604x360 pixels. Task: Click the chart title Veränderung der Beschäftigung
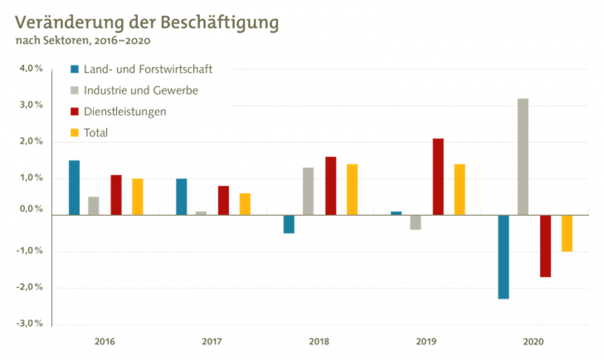147,23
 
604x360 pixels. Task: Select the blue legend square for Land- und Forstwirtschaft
74,69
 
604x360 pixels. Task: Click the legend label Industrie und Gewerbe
141,91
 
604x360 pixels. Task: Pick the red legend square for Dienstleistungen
74,112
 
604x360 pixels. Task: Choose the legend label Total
96,133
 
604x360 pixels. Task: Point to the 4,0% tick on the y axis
31,69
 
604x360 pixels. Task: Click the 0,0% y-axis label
31,209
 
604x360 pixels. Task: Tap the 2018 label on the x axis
319,342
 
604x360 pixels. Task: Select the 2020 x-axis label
534,342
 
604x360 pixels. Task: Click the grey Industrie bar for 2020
523,156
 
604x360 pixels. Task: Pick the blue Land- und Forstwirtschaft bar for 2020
503,257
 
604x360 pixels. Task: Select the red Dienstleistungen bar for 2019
438,176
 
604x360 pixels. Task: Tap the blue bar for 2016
74,187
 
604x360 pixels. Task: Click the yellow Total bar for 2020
567,234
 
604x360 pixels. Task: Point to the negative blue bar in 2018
288,225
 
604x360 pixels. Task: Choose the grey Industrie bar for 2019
416,223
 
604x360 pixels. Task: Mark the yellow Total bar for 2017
245,204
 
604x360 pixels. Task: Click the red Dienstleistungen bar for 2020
546,246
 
